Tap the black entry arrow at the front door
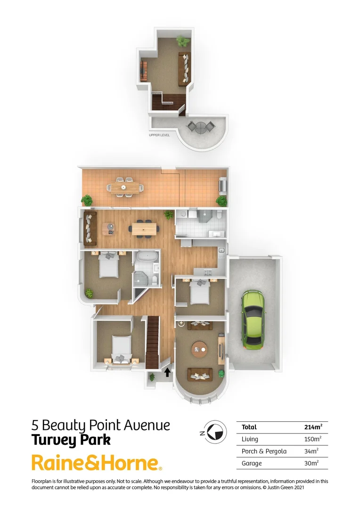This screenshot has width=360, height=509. [x=167, y=372]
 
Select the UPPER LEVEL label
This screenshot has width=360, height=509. [x=159, y=135]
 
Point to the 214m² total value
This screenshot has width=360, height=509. [x=313, y=427]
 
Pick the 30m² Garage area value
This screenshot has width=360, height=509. [x=311, y=463]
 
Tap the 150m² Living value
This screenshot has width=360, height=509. [x=312, y=439]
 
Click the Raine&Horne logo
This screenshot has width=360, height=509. [x=97, y=463]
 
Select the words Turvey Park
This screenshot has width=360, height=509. [x=71, y=440]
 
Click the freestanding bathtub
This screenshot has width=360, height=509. [x=145, y=258]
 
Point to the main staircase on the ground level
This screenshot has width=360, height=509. [x=153, y=343]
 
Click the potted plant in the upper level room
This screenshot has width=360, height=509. [x=182, y=41]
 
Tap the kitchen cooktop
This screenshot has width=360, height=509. [x=208, y=273]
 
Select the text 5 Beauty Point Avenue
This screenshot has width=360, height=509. [x=100, y=425]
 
